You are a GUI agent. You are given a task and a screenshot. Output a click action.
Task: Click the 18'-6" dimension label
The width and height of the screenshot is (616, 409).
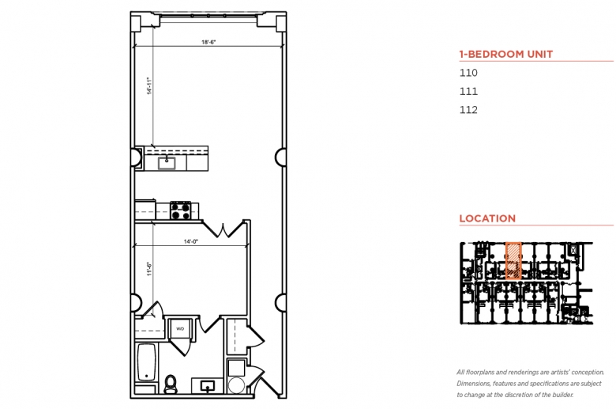coord(208,42)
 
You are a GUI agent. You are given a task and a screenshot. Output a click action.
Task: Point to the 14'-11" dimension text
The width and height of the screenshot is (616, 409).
coord(149,85)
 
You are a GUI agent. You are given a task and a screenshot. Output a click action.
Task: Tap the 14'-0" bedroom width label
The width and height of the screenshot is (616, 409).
coord(191,241)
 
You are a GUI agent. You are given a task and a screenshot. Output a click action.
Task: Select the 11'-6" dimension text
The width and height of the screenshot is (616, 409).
coord(149,269)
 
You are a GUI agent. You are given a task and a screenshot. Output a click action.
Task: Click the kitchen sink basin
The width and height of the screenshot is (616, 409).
coord(167,163)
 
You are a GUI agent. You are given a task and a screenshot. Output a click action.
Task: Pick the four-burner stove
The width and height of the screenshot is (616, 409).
coord(180,210)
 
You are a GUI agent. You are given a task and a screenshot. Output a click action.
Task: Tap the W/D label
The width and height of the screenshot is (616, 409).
coord(180,328)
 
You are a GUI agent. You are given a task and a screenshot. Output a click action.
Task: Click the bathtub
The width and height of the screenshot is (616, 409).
coord(147,362)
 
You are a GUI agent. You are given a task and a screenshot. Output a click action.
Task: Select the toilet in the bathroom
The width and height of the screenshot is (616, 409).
coord(171,384)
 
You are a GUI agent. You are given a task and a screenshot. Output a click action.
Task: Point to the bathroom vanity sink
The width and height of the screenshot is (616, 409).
coord(208,386)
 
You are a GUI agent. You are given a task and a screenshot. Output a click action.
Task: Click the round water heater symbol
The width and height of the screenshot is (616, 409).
coord(236,385)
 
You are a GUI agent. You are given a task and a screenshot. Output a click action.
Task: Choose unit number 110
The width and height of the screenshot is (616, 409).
coord(468,73)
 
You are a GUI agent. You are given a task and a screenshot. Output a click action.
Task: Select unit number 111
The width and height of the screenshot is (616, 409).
coord(468,91)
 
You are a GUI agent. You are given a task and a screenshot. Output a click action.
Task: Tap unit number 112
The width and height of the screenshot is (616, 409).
coord(468,110)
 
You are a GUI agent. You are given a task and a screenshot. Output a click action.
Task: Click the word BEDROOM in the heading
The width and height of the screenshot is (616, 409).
coord(496,54)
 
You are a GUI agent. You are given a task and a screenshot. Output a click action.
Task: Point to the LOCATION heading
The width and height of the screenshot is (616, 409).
coord(487,218)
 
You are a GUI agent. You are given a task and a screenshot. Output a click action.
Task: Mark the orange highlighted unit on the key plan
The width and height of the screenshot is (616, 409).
coord(513,260)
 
